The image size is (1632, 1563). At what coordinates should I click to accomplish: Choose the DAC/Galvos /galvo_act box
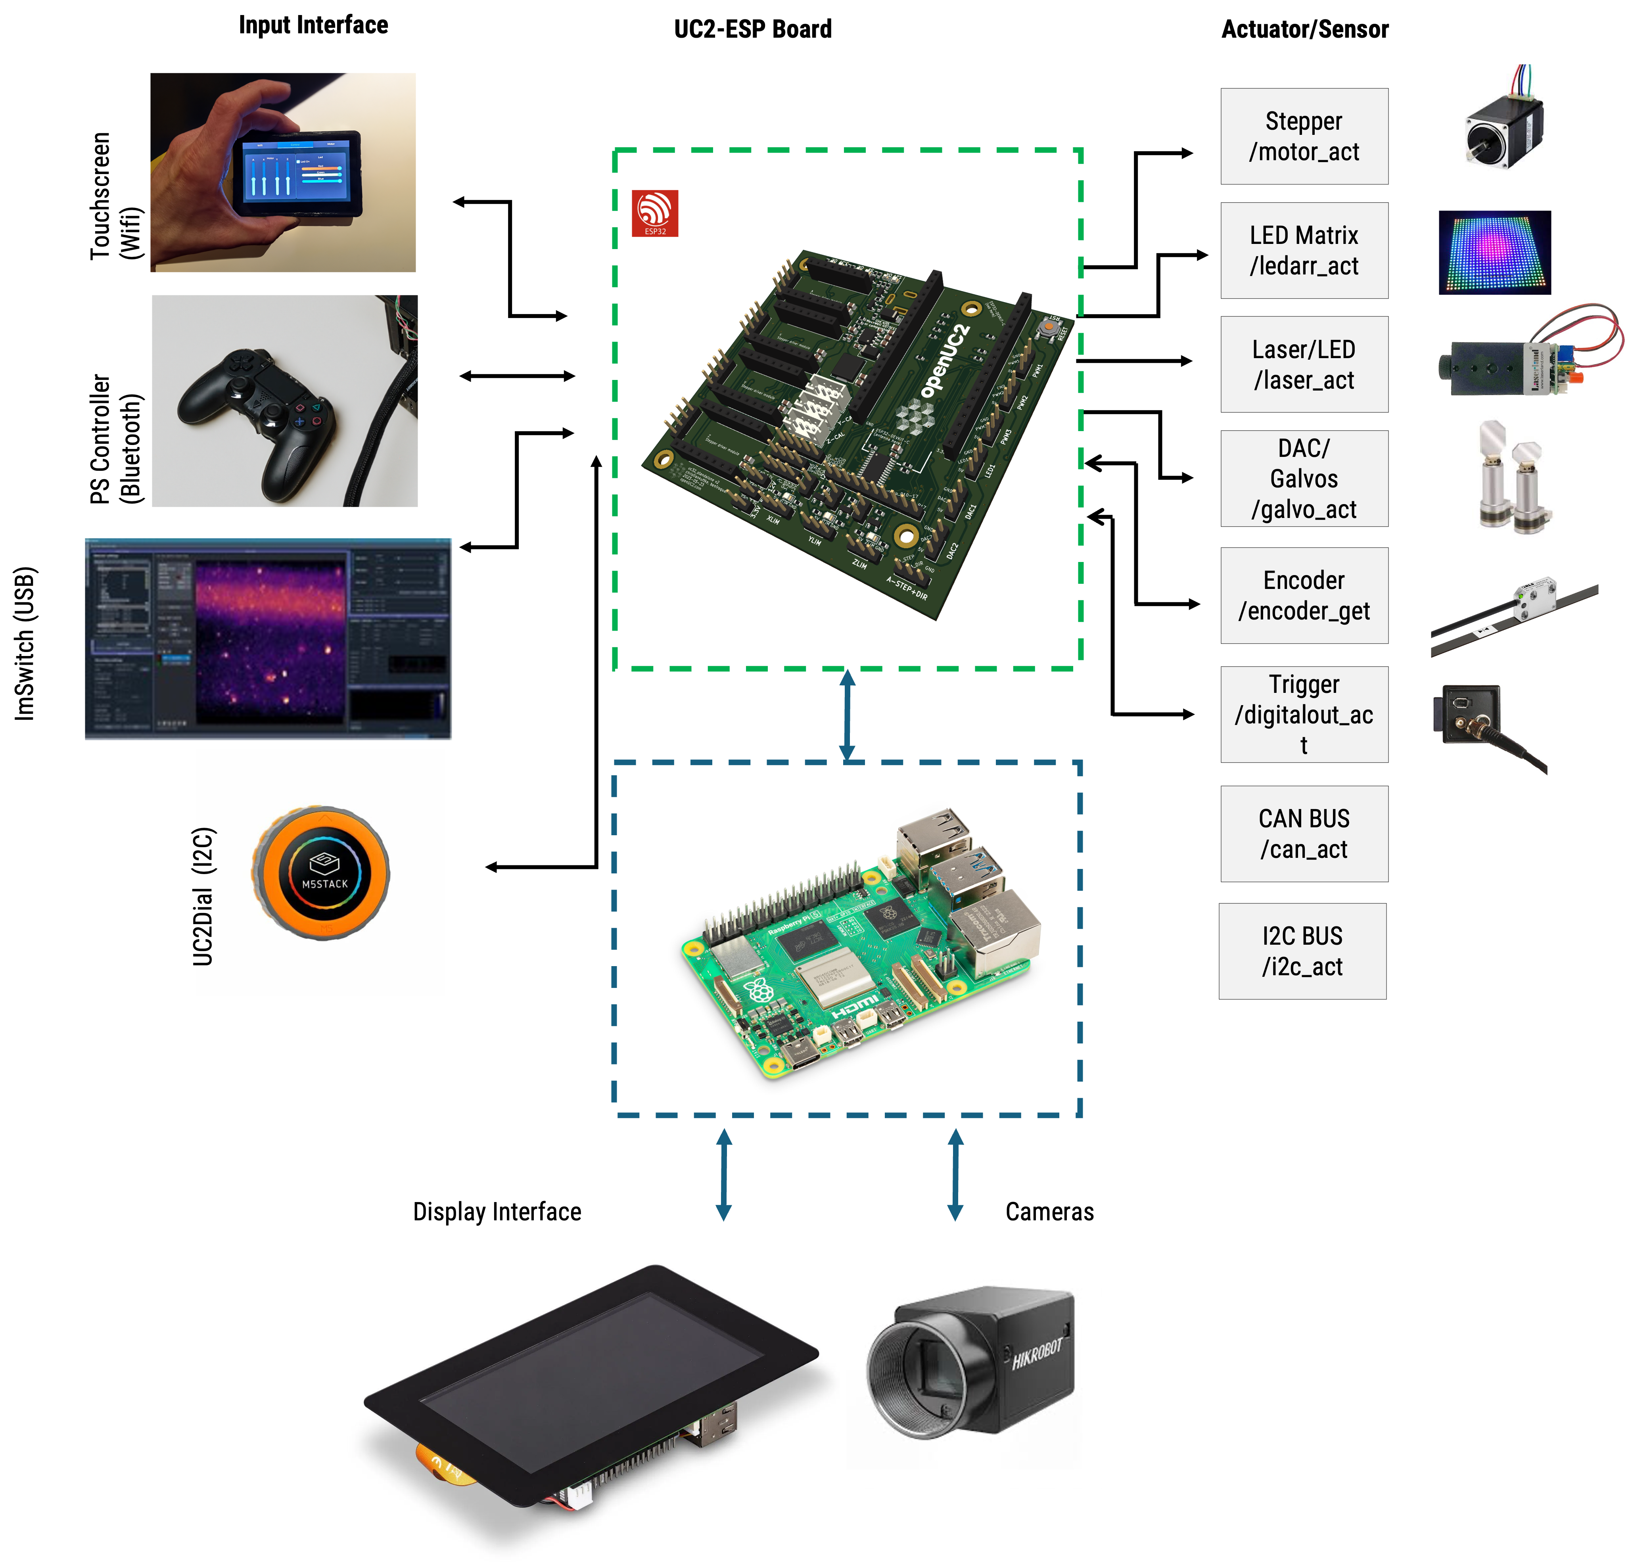(1304, 479)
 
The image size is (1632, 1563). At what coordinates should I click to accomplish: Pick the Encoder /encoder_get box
(1304, 595)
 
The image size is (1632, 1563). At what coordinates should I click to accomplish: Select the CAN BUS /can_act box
(1304, 834)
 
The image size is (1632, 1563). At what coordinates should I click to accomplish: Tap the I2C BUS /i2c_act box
(1302, 951)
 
